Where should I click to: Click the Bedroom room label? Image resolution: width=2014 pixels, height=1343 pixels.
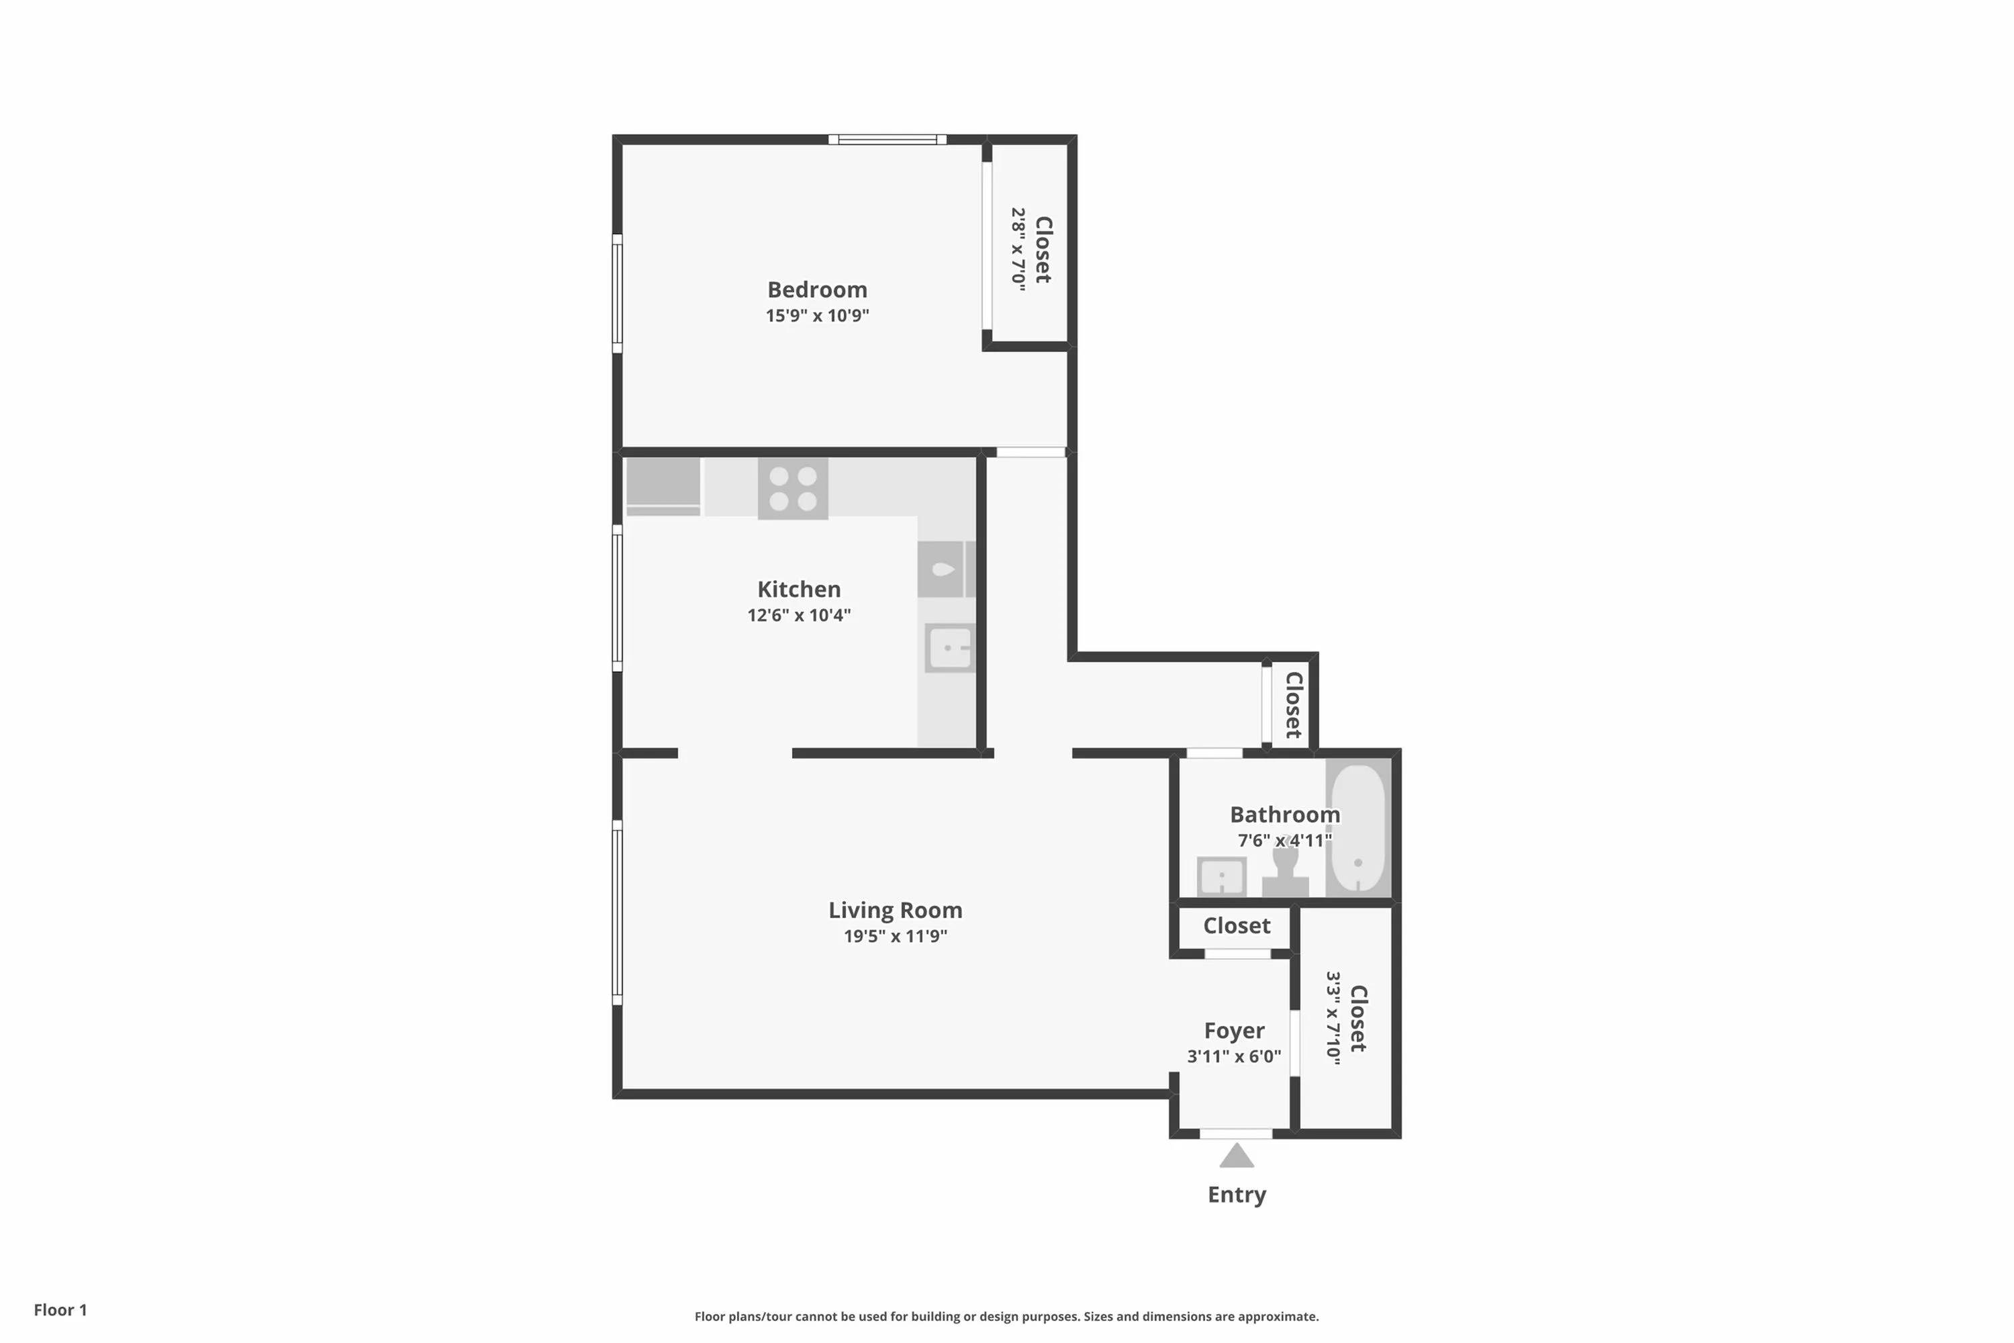tap(817, 289)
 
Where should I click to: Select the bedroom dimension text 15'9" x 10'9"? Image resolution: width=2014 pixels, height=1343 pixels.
tap(817, 315)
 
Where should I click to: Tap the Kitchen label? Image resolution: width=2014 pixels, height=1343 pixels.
tap(799, 590)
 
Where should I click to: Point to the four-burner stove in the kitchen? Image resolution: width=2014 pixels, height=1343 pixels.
tap(793, 488)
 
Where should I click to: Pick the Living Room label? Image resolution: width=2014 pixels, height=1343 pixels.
tap(895, 911)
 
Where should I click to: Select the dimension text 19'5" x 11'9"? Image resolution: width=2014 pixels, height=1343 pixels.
tap(895, 936)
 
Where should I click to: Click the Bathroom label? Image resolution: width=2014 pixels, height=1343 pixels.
tap(1284, 815)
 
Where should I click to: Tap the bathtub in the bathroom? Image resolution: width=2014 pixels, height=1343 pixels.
tap(1358, 827)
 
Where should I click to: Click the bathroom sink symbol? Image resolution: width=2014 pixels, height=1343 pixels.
tap(1221, 876)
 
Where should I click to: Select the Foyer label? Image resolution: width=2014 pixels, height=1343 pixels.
tap(1234, 1030)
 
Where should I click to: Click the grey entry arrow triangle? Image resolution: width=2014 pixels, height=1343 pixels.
tap(1237, 1156)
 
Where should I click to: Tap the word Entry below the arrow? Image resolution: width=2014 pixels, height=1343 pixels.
tap(1237, 1195)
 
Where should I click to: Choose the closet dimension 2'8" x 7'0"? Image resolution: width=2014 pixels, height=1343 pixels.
tap(1018, 249)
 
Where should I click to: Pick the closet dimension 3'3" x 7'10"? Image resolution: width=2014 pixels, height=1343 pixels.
tap(1333, 1019)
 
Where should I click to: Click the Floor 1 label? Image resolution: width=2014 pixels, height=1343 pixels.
tap(60, 1309)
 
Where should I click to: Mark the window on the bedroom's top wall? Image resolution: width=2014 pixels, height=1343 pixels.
tap(887, 140)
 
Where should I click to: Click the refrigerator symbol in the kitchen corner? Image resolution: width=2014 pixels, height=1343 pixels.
tap(663, 486)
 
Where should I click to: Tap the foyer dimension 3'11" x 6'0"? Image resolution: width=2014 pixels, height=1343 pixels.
tap(1234, 1057)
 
